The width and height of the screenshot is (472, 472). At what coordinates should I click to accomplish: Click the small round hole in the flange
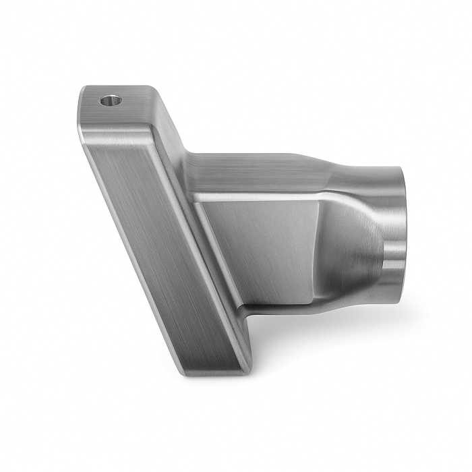(111, 101)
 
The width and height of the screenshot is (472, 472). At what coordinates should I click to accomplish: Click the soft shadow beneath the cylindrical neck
(351, 324)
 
